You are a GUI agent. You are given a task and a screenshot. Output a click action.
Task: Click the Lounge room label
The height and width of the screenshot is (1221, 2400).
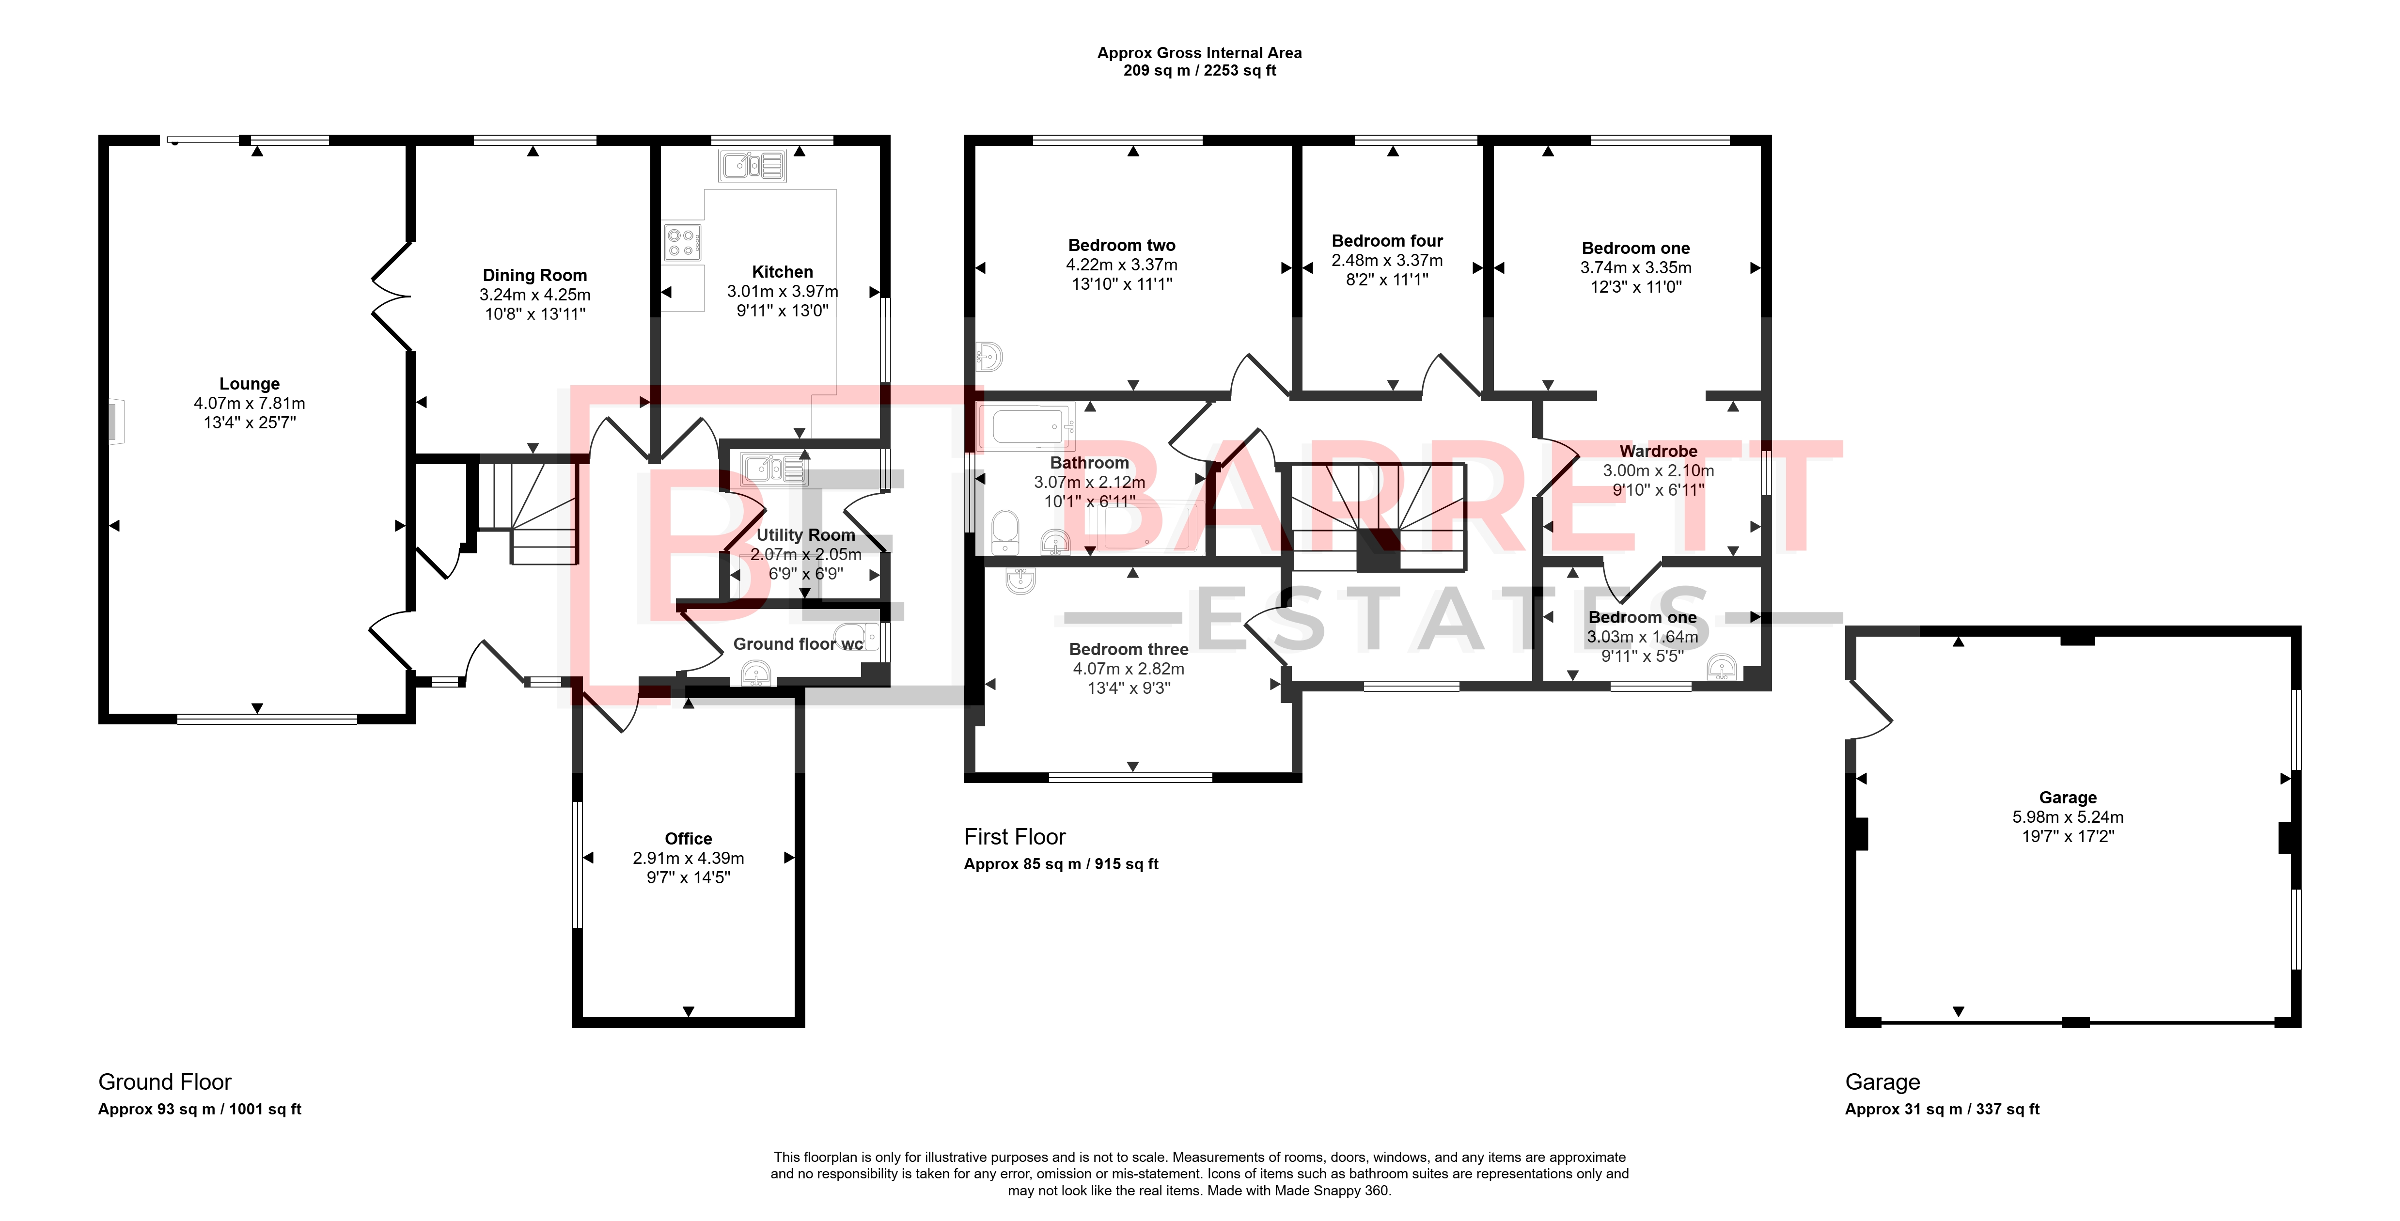click(250, 384)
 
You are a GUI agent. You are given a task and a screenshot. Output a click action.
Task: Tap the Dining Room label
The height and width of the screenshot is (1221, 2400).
click(535, 275)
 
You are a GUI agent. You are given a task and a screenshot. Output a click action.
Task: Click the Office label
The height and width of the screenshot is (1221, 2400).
click(689, 838)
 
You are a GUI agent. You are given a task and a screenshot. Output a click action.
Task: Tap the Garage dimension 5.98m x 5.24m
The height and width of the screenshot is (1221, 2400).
click(2069, 817)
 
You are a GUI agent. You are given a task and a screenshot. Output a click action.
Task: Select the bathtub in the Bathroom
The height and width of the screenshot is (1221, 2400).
click(1027, 427)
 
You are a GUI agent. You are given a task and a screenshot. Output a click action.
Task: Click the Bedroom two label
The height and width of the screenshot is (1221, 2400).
click(1122, 245)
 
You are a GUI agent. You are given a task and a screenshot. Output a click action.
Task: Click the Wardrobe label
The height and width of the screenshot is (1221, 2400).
click(1658, 451)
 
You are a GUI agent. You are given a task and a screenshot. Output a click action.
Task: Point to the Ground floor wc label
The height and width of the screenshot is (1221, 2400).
click(799, 643)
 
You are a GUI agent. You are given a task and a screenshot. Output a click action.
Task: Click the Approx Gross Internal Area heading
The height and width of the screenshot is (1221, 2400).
click(1200, 53)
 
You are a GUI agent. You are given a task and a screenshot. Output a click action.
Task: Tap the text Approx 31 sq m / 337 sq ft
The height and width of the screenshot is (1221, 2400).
click(1943, 1109)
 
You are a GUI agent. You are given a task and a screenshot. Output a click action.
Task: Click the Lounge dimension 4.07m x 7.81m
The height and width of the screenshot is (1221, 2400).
click(250, 403)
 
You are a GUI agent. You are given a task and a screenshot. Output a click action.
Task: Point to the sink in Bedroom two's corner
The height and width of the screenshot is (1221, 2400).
click(989, 356)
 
